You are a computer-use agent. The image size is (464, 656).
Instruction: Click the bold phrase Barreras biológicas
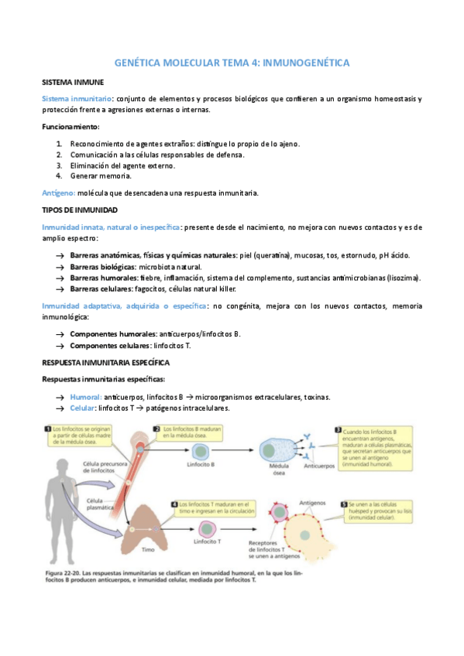[x=103, y=266]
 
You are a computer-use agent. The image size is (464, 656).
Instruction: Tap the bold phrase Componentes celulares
[x=109, y=345]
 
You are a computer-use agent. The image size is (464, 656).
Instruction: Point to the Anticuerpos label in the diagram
[x=318, y=466]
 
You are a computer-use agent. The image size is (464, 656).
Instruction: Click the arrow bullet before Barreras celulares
[x=60, y=289]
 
